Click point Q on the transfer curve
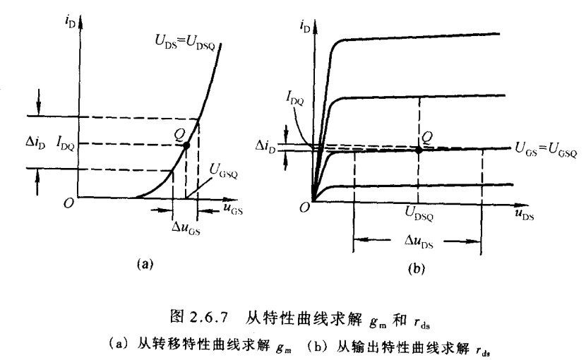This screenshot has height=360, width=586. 186,146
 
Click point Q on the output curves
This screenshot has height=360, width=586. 420,150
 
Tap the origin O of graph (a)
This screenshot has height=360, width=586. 66,203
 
